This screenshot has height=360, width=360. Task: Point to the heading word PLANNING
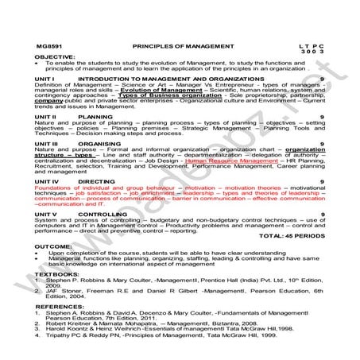coord(95,116)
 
